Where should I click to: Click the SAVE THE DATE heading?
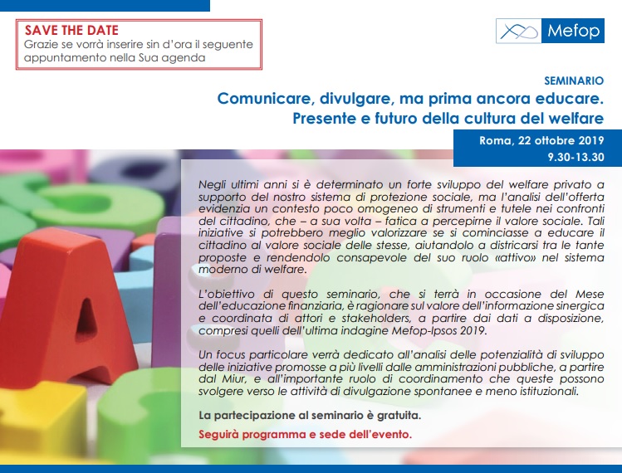71,30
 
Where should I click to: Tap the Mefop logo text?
573,31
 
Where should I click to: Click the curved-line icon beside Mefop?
519,31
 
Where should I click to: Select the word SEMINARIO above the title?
574,80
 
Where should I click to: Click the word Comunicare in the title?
263,99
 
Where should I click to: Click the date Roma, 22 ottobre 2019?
541,141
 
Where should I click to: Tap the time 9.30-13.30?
576,157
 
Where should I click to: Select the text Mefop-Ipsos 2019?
438,330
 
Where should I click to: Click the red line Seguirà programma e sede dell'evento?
305,435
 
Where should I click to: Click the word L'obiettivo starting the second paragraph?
226,295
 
